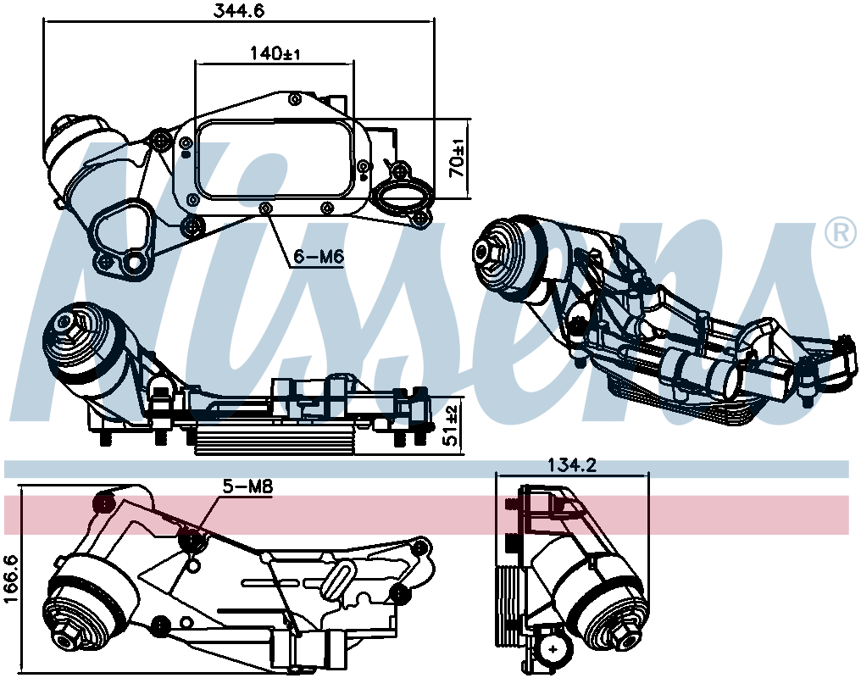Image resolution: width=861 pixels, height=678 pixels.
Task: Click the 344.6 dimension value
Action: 238,11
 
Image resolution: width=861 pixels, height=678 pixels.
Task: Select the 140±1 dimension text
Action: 275,53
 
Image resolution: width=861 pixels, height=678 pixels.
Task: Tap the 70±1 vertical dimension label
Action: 457,158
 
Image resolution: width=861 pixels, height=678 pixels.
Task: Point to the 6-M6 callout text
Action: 319,257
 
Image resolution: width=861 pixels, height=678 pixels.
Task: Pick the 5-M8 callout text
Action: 247,486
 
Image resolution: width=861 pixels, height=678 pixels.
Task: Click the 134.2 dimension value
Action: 572,465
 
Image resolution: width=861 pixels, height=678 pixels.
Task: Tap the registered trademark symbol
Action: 841,233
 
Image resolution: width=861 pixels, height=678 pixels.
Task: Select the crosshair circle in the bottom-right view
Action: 552,649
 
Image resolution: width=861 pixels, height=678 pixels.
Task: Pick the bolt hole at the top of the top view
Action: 295,99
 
